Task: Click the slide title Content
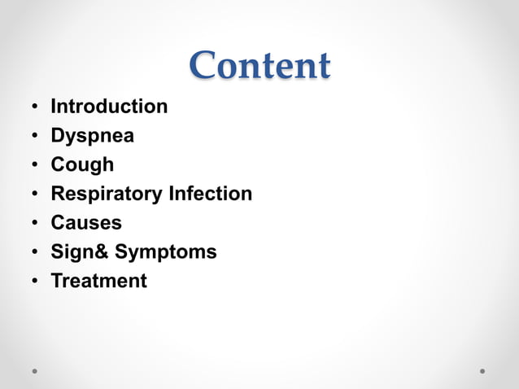260,66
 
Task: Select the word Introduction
109,107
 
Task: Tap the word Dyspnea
92,136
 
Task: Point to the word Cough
82,165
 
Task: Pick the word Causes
86,223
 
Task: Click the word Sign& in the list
80,252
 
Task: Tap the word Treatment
99,282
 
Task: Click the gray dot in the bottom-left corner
35,370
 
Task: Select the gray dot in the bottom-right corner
482,370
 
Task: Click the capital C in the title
203,66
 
